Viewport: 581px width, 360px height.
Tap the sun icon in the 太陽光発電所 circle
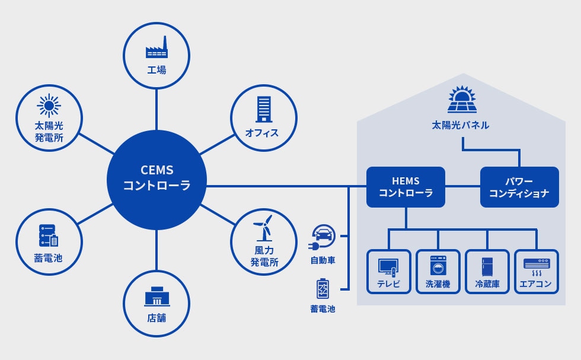click(x=49, y=106)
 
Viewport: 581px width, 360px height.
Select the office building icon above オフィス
click(x=264, y=109)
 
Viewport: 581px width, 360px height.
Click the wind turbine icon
click(x=263, y=228)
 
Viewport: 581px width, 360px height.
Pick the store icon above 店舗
click(x=157, y=297)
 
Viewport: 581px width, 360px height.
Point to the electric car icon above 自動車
click(x=321, y=238)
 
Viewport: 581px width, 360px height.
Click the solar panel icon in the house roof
click(x=462, y=100)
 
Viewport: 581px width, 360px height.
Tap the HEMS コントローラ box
click(x=406, y=187)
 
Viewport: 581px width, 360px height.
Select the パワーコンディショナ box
click(x=519, y=187)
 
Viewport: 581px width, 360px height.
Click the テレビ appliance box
click(x=389, y=272)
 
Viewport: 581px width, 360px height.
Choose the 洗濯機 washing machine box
click(x=438, y=272)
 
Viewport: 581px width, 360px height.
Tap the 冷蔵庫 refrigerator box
click(x=487, y=272)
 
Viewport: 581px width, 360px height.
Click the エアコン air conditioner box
click(x=537, y=272)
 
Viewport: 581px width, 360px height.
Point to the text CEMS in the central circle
click(x=157, y=170)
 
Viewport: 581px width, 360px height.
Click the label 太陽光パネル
click(x=461, y=125)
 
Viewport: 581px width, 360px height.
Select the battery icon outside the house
click(x=323, y=288)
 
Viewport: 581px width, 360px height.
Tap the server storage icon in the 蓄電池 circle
click(x=49, y=235)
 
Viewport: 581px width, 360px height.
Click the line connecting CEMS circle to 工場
click(x=157, y=109)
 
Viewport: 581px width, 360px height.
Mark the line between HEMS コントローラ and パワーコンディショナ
click(x=463, y=186)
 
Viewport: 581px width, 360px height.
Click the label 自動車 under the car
click(x=323, y=260)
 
